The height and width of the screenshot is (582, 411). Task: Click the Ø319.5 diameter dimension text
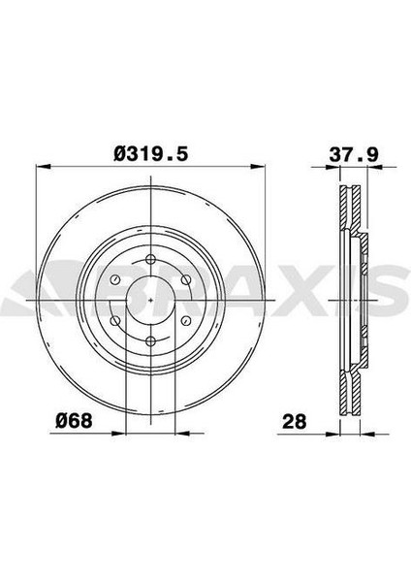[155, 152]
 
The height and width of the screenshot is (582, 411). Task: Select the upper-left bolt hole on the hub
[115, 280]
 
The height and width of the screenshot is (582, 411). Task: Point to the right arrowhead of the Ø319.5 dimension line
[267, 167]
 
